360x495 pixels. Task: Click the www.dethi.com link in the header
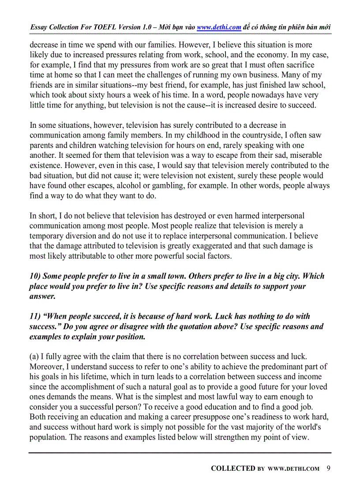pyautogui.click(x=219, y=27)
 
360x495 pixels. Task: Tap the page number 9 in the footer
pyautogui.click(x=329, y=468)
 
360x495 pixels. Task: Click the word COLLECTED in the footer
pyautogui.click(x=233, y=469)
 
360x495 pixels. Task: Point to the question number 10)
pyautogui.click(x=35, y=276)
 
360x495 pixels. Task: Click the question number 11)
pyautogui.click(x=35, y=316)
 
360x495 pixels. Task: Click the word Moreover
pyautogui.click(x=47, y=366)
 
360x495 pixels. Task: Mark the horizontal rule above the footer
pyautogui.click(x=180, y=453)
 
